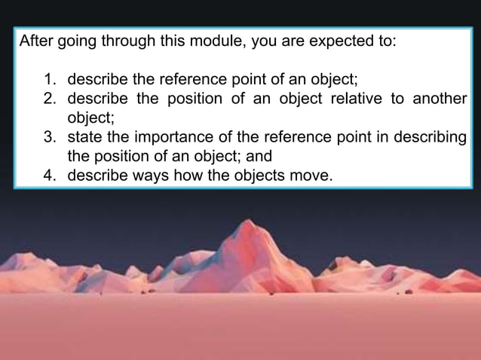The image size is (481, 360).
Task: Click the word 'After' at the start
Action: click(35, 42)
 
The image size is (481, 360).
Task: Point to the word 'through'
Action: click(124, 42)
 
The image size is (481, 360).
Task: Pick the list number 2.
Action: click(49, 99)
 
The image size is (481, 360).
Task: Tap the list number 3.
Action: click(49, 138)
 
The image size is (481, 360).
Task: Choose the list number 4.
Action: click(49, 177)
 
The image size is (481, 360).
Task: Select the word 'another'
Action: click(440, 99)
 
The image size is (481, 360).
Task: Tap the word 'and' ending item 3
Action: click(258, 157)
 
